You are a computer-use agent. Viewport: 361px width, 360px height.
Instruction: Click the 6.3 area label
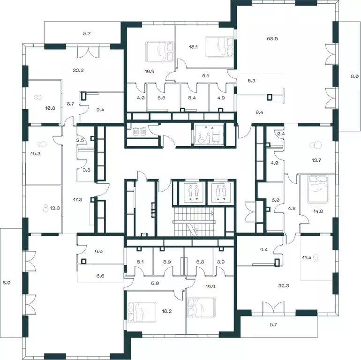[252, 80]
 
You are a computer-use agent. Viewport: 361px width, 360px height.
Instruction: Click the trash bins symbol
[139, 132]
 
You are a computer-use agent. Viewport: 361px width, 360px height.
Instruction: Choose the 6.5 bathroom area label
[162, 99]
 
